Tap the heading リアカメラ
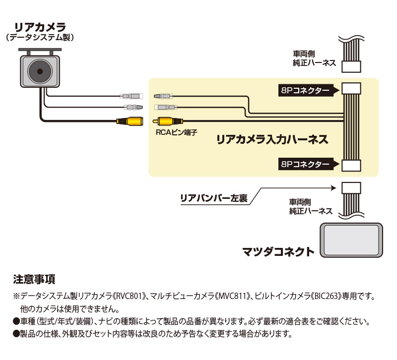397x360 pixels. tap(40, 26)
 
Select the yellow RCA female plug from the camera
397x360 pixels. tap(130, 120)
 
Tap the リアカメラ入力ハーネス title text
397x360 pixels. tap(272, 139)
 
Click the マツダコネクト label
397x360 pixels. tap(278, 252)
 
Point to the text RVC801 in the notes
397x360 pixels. tap(131, 296)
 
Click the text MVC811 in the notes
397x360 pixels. tap(231, 296)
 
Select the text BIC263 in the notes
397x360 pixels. tap(327, 296)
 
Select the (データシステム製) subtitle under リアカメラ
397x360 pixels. tap(40, 37)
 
